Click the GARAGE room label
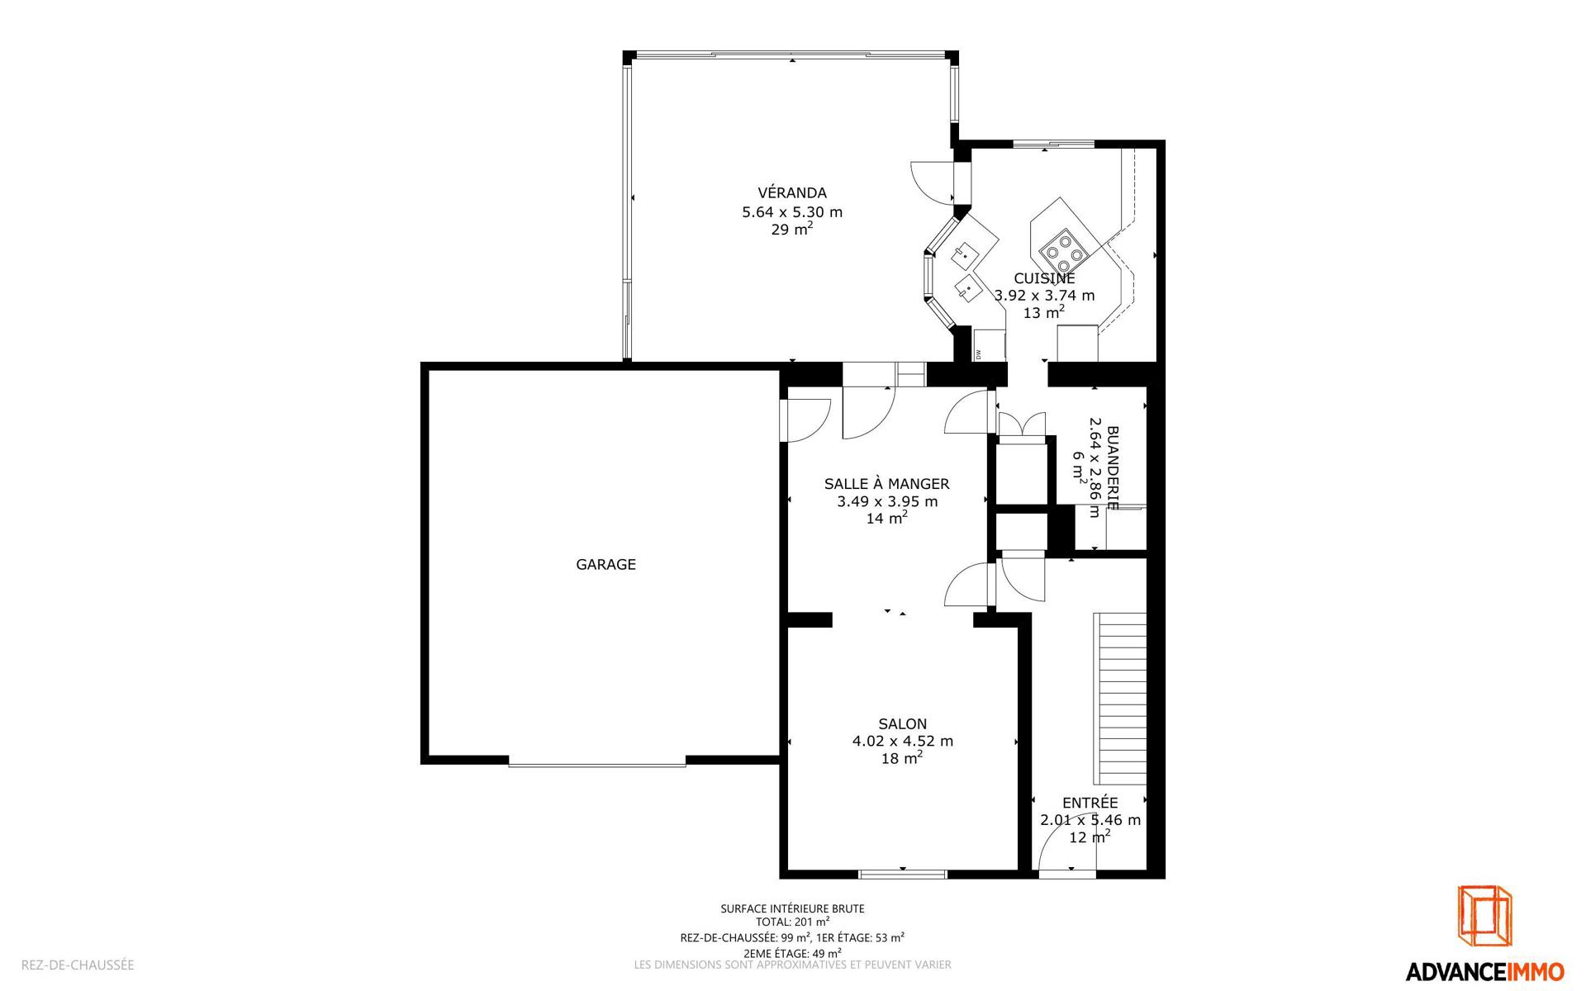tap(605, 565)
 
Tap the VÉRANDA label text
tap(791, 192)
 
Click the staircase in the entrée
tap(1120, 699)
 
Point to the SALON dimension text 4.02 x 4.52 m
tap(902, 742)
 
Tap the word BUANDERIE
tap(1112, 467)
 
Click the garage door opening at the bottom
tap(597, 763)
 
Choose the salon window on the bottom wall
tap(902, 873)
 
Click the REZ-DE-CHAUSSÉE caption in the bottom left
tap(78, 965)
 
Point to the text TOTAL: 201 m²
tap(792, 922)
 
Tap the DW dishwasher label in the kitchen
tap(977, 354)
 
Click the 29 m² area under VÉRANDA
tap(791, 229)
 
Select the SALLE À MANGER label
tap(886, 484)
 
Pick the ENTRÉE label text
tap(1090, 803)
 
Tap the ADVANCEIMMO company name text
tap(1484, 971)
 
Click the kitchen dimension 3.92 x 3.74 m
tap(1044, 296)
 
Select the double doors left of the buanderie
tap(1022, 424)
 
